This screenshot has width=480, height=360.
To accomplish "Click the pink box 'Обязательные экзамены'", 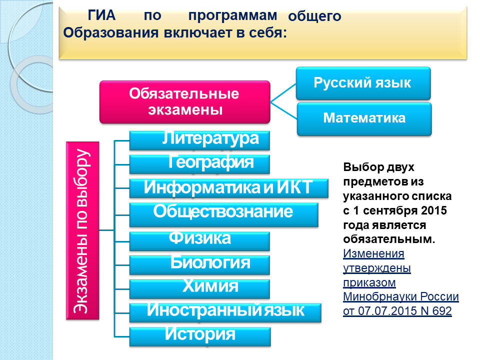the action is [184, 102].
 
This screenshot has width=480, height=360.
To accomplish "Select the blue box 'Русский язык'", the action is [363, 83].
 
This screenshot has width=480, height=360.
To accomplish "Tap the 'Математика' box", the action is [364, 119].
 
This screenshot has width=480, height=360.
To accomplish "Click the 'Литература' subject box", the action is [199, 140].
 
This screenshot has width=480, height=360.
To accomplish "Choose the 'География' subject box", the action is [199, 164].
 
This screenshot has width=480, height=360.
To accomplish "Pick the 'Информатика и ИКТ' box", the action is [228, 188].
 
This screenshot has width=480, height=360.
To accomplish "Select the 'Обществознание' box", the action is [224, 214].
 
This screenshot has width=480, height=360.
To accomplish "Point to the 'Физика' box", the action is [199, 241].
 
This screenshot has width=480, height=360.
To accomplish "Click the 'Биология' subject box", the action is [199, 265].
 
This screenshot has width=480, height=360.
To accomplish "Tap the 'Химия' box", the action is [199, 288].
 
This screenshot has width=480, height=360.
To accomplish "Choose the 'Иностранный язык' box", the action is [225, 312].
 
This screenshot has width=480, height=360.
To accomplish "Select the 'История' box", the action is [200, 336].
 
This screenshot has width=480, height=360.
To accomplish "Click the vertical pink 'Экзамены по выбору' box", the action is [82, 230].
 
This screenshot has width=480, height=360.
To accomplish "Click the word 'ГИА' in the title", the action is [101, 15].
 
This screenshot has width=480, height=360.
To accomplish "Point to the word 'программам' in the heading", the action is [232, 16].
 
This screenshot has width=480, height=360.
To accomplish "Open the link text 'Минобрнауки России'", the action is [400, 296].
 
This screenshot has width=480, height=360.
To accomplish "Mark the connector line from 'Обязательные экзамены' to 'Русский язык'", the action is [283, 92].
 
